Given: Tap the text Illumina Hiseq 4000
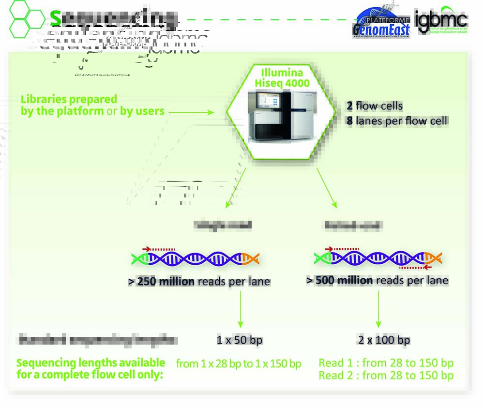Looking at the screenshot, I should (282, 78).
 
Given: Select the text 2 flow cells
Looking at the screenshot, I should (374, 106).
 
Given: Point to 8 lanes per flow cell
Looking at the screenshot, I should (397, 121).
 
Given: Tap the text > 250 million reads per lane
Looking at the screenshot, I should (199, 281).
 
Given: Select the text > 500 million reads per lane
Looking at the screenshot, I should (378, 280).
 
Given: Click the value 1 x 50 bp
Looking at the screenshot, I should (240, 340).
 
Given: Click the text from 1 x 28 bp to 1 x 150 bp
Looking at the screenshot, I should (238, 363).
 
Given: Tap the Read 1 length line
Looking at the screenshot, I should (386, 363).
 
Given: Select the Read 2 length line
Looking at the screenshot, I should (386, 375).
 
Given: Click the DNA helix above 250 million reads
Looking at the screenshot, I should (196, 258).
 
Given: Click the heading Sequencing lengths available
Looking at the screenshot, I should (91, 363).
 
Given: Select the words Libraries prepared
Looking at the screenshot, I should (69, 99).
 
